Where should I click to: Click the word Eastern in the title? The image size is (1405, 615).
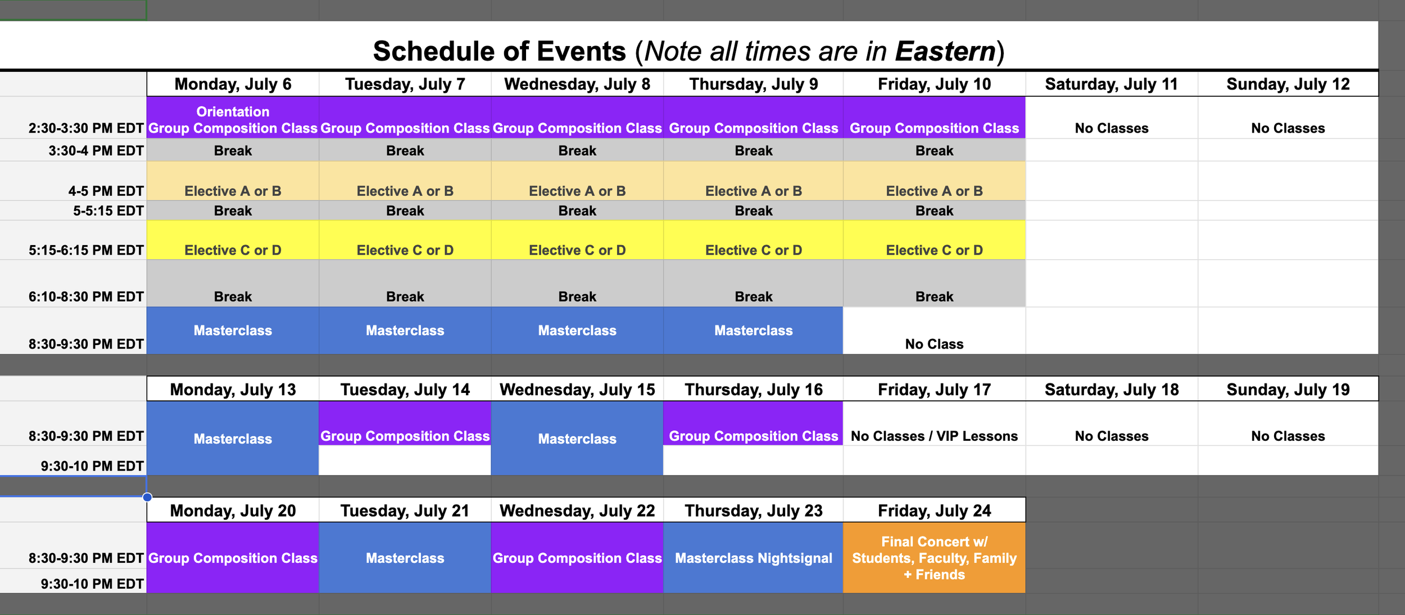pyautogui.click(x=945, y=51)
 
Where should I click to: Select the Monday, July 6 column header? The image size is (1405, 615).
pyautogui.click(x=233, y=84)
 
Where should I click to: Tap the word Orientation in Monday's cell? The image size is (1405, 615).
pyautogui.click(x=233, y=111)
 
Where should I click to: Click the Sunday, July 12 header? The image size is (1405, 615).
pyautogui.click(x=1288, y=84)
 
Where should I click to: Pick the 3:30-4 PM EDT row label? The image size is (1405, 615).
pyautogui.click(x=96, y=151)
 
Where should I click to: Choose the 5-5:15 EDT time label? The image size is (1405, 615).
pyautogui.click(x=108, y=211)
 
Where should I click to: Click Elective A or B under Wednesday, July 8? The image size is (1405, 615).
pyautogui.click(x=577, y=191)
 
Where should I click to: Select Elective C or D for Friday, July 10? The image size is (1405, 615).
pyautogui.click(x=934, y=250)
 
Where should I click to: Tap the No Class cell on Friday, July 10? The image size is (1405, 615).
pyautogui.click(x=934, y=344)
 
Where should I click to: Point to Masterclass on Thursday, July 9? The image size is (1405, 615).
pyautogui.click(x=753, y=331)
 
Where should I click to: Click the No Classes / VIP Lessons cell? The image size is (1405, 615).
pyautogui.click(x=934, y=436)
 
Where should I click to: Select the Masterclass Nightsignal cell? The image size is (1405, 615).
pyautogui.click(x=753, y=558)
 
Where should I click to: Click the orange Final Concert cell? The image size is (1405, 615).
pyautogui.click(x=934, y=558)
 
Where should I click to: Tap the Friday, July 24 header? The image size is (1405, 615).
pyautogui.click(x=934, y=511)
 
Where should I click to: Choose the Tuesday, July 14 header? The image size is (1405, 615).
pyautogui.click(x=405, y=390)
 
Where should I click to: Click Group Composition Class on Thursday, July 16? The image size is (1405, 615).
pyautogui.click(x=753, y=436)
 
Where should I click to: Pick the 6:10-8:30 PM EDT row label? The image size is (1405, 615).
pyautogui.click(x=86, y=297)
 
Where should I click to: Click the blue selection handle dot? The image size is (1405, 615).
pyautogui.click(x=147, y=497)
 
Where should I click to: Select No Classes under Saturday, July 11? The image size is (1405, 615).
pyautogui.click(x=1111, y=128)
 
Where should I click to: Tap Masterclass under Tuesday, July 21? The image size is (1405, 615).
pyautogui.click(x=405, y=558)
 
